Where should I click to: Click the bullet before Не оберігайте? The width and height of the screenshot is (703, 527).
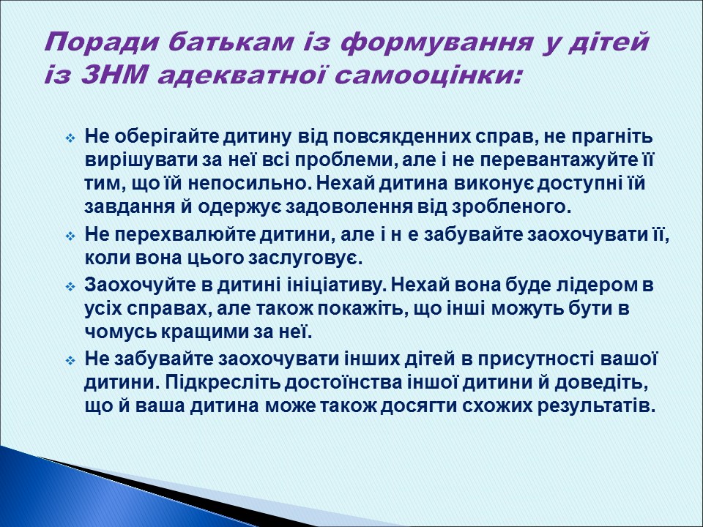[70, 138]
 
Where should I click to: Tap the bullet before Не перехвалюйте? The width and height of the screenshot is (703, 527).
[70, 236]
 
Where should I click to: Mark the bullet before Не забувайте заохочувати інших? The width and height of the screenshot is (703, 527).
[70, 360]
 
